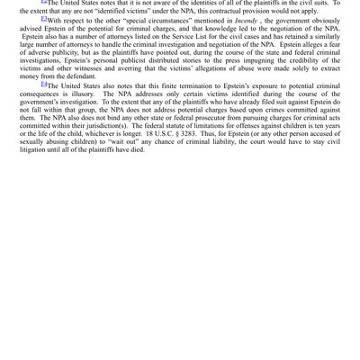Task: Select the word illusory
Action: pos(88,94)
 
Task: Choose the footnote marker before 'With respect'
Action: pos(44,18)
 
